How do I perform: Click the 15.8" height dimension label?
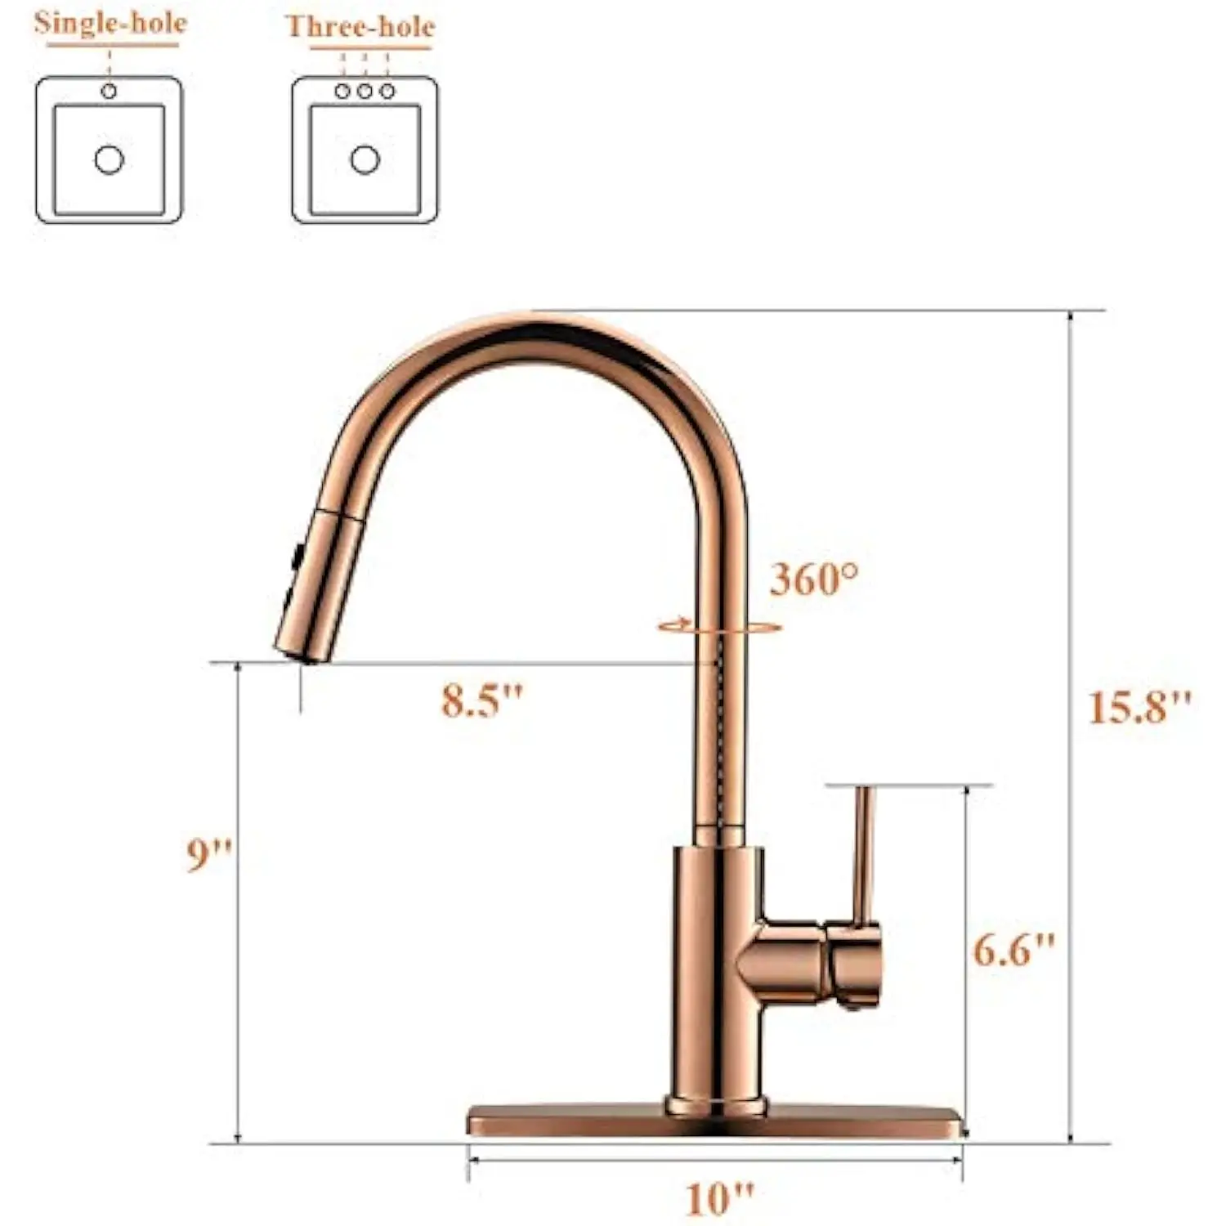(1139, 707)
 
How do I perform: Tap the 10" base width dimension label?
(718, 1198)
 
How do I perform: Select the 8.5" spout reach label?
(481, 700)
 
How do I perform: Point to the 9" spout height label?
(209, 854)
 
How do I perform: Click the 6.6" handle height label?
(1013, 949)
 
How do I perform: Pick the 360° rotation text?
(815, 579)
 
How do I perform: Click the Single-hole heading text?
(110, 22)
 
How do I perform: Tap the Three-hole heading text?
(360, 26)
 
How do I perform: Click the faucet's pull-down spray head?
(319, 584)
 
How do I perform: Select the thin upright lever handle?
(862, 854)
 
